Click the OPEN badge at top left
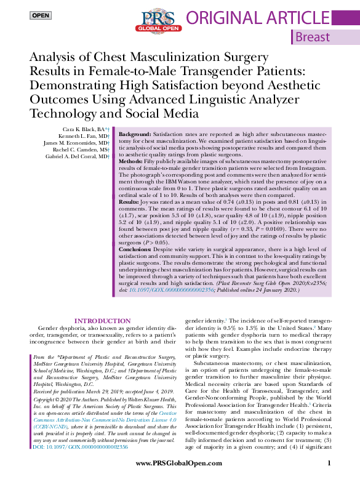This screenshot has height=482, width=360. click(x=41, y=15)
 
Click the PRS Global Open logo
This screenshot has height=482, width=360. click(x=160, y=20)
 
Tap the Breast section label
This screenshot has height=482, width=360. click(x=313, y=37)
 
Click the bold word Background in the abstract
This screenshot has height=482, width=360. click(x=134, y=134)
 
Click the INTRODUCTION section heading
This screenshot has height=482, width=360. click(x=102, y=321)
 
